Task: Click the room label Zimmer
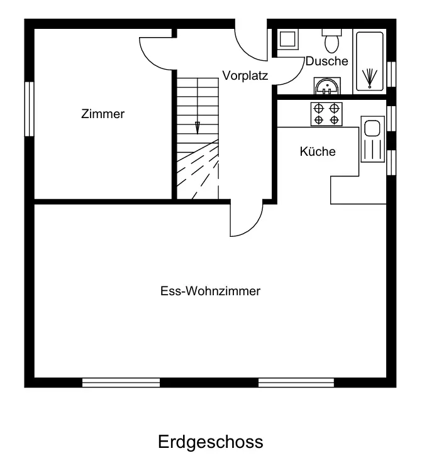click(x=103, y=114)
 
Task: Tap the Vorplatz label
click(x=245, y=76)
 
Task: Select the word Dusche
click(x=326, y=61)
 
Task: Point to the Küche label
click(x=318, y=151)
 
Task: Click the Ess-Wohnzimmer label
click(x=210, y=291)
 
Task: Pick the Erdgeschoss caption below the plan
click(x=210, y=442)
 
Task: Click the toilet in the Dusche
click(x=331, y=41)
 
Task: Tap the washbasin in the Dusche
click(x=326, y=85)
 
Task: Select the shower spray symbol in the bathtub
click(x=369, y=77)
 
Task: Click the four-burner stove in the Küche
click(x=326, y=113)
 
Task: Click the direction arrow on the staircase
click(x=198, y=126)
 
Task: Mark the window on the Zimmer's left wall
click(x=29, y=109)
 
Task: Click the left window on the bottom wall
click(x=121, y=382)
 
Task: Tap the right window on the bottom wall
click(x=296, y=382)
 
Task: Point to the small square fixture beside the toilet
click(x=289, y=40)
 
